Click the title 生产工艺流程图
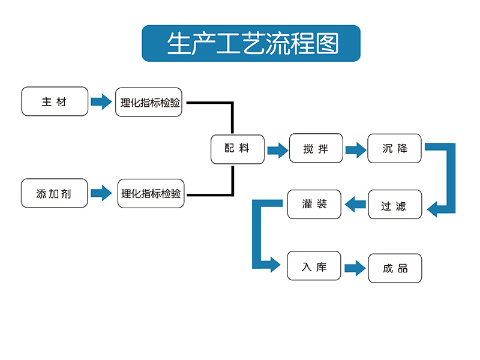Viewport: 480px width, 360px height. pyautogui.click(x=251, y=43)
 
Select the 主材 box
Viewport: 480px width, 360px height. pyautogui.click(x=55, y=101)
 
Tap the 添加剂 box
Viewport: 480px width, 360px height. pyautogui.click(x=55, y=193)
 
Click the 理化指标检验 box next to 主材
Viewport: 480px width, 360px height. pyautogui.click(x=149, y=102)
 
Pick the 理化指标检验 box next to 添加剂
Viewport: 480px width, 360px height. pyautogui.click(x=151, y=193)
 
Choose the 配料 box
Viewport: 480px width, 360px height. pyautogui.click(x=238, y=149)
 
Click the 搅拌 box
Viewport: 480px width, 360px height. pyautogui.click(x=316, y=148)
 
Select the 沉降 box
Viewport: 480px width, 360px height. pyautogui.click(x=395, y=148)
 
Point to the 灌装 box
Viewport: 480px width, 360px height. pyautogui.click(x=314, y=204)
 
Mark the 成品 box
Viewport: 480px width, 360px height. pyautogui.click(x=395, y=268)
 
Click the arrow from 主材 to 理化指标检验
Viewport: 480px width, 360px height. pyautogui.click(x=101, y=102)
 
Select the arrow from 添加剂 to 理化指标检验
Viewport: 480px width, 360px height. pyautogui.click(x=101, y=193)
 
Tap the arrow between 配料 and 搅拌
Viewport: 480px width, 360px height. pyautogui.click(x=277, y=149)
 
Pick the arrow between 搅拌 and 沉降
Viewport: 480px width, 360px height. pyautogui.click(x=355, y=149)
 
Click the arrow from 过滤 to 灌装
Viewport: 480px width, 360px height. pyautogui.click(x=355, y=205)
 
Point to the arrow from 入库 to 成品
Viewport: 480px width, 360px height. pyautogui.click(x=355, y=268)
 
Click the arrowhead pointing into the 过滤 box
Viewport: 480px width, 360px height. pyautogui.click(x=433, y=209)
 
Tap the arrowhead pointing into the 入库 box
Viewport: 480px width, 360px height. pyautogui.click(x=275, y=264)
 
